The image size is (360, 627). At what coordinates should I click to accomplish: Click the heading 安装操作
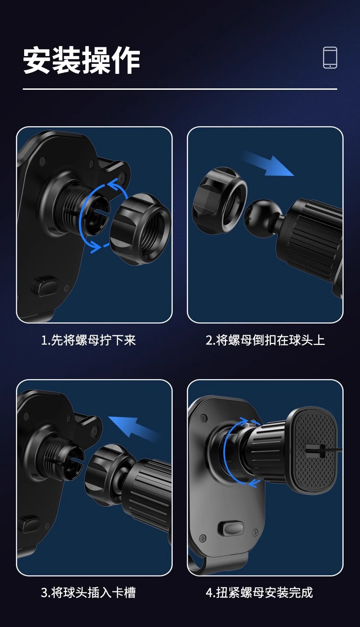[82, 60]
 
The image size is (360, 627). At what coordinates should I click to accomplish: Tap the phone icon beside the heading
[330, 58]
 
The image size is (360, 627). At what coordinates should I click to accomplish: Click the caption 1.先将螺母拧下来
[88, 340]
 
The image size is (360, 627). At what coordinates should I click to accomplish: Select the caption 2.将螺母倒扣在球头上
[265, 340]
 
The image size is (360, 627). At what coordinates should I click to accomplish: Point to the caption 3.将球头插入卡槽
[88, 592]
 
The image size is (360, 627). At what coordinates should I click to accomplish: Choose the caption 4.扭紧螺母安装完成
[259, 592]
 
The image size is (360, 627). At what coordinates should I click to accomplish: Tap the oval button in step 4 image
[231, 529]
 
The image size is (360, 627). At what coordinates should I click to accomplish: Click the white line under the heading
[180, 89]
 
